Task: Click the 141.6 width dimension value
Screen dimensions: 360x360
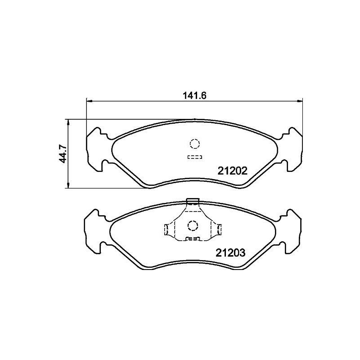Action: pyautogui.click(x=194, y=95)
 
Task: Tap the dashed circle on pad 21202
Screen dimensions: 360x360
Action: pyautogui.click(x=194, y=144)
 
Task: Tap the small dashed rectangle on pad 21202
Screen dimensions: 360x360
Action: pyautogui.click(x=194, y=157)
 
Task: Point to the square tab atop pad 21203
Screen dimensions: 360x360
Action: pyautogui.click(x=193, y=201)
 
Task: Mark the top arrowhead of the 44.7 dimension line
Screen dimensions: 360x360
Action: pyautogui.click(x=68, y=122)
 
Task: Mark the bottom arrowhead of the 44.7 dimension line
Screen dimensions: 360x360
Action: pyautogui.click(x=68, y=186)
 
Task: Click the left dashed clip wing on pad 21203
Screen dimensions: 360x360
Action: pyautogui.click(x=169, y=229)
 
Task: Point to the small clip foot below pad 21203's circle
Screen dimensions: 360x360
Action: pyautogui.click(x=193, y=238)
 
